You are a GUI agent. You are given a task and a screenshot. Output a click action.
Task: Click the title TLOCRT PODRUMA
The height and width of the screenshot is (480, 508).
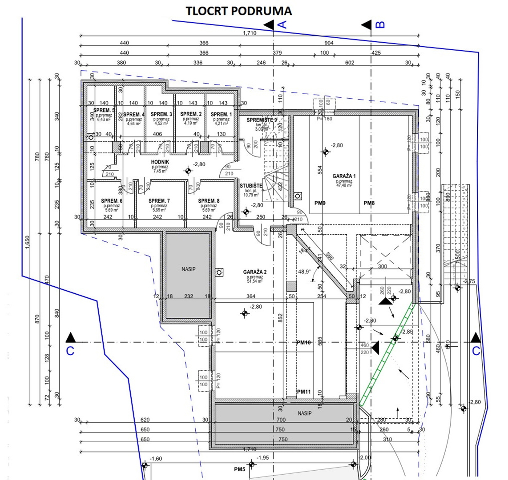(x=238, y=11)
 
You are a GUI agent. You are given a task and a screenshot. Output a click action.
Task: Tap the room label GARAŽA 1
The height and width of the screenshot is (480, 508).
(x=344, y=176)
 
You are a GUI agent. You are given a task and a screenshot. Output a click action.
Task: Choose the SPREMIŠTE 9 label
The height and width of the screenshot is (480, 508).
(x=262, y=120)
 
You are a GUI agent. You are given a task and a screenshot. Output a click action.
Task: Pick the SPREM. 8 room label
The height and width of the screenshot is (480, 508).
(x=209, y=201)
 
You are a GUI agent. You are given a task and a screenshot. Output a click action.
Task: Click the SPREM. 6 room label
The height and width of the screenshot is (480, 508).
(x=111, y=201)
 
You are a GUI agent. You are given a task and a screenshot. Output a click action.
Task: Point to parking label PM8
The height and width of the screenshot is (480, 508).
(x=369, y=204)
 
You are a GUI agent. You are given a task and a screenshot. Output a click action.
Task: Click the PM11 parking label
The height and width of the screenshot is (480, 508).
(x=304, y=392)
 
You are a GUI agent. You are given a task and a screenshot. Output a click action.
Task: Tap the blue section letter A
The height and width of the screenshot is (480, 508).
(x=282, y=25)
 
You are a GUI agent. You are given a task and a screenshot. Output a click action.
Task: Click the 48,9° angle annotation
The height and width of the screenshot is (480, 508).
(x=304, y=272)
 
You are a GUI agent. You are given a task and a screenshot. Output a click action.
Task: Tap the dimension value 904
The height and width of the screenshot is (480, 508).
(x=329, y=43)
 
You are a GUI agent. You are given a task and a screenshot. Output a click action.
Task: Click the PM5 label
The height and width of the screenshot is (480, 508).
(x=240, y=469)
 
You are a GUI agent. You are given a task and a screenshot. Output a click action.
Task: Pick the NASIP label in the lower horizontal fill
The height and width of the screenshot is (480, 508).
(x=305, y=413)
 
